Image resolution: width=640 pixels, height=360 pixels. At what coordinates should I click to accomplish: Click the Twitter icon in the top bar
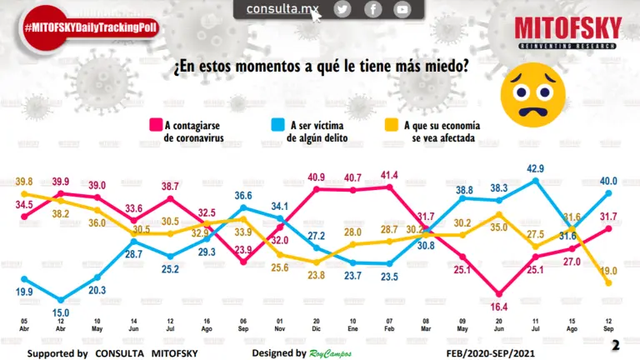click(x=342, y=9)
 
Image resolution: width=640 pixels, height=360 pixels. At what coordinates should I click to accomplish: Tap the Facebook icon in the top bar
click(x=372, y=9)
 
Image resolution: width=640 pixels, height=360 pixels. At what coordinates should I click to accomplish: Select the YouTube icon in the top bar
click(x=402, y=9)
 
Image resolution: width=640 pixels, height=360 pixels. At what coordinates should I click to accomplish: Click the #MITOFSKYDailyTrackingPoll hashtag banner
click(x=90, y=27)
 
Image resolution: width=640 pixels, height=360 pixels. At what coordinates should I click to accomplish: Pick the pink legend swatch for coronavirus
click(x=155, y=125)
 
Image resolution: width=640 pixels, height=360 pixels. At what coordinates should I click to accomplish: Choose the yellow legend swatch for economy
click(x=389, y=125)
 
